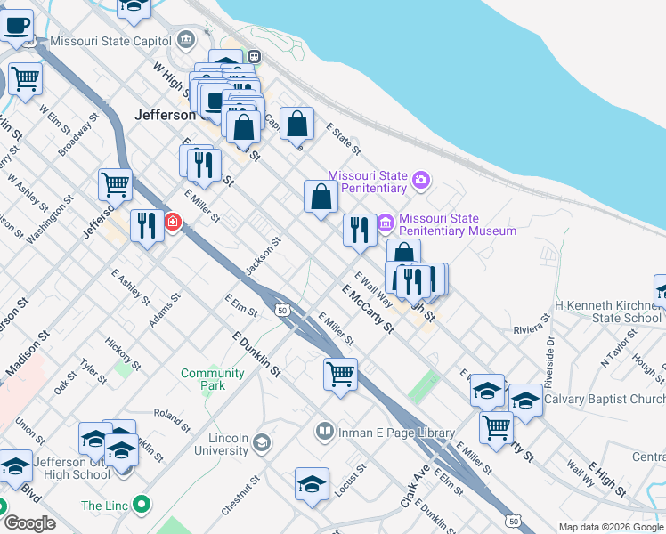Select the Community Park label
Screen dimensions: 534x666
212,379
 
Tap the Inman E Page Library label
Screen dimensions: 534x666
397,433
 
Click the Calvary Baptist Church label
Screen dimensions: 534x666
604,399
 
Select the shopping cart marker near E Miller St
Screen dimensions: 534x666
340,374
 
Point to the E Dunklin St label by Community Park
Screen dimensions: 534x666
256,354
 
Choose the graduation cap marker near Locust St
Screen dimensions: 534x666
312,484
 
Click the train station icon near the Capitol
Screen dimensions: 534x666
254,55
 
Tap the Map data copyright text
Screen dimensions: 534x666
612,527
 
